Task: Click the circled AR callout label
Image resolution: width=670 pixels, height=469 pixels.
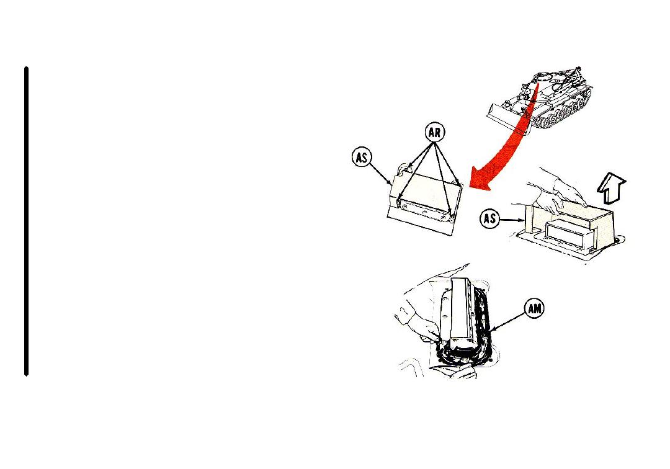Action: (434, 133)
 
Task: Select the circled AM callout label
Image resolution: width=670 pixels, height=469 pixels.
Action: (535, 308)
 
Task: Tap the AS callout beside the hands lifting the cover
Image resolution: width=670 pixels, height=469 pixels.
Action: (489, 219)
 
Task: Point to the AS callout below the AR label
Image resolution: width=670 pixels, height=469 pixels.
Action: (362, 158)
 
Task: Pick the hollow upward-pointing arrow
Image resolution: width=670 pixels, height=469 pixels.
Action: (611, 188)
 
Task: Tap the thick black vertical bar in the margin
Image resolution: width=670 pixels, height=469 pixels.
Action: (27, 221)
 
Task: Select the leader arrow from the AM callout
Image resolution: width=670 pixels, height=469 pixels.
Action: (509, 320)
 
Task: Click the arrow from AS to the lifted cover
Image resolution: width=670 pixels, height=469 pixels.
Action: (511, 220)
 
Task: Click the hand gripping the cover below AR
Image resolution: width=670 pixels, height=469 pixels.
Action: (403, 169)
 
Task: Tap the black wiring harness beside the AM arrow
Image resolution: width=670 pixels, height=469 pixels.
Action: (483, 329)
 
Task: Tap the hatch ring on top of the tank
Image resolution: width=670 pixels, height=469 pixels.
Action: (543, 78)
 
